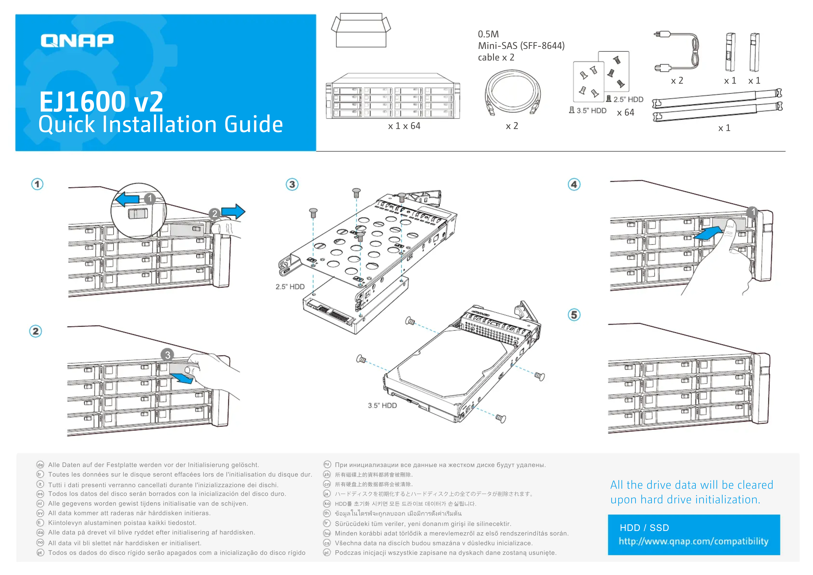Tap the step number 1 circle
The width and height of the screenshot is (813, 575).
[x=37, y=184]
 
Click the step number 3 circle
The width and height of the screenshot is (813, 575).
[x=292, y=184]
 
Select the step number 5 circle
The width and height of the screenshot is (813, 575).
[x=574, y=315]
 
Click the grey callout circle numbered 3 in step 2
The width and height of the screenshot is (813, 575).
[x=168, y=355]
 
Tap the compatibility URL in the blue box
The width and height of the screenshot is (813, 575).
[x=693, y=541]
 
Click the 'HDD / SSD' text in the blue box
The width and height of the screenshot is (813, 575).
[x=644, y=528]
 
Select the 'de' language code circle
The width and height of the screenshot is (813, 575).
[x=40, y=465]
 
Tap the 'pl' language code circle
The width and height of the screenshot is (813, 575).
[x=327, y=553]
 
